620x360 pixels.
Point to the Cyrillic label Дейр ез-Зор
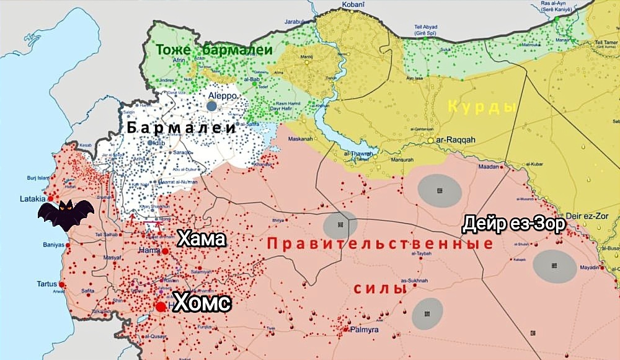tap(514, 223)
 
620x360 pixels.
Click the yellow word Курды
tap(482, 107)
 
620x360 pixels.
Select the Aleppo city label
tap(223, 97)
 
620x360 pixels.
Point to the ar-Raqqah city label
tap(456, 140)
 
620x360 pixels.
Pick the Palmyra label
tap(364, 330)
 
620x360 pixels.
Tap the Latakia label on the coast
tap(32, 199)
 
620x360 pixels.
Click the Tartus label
tap(46, 284)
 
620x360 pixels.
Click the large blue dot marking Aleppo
tap(212, 106)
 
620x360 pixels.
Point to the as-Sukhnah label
tap(414, 281)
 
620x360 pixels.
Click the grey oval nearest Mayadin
tap(554, 266)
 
